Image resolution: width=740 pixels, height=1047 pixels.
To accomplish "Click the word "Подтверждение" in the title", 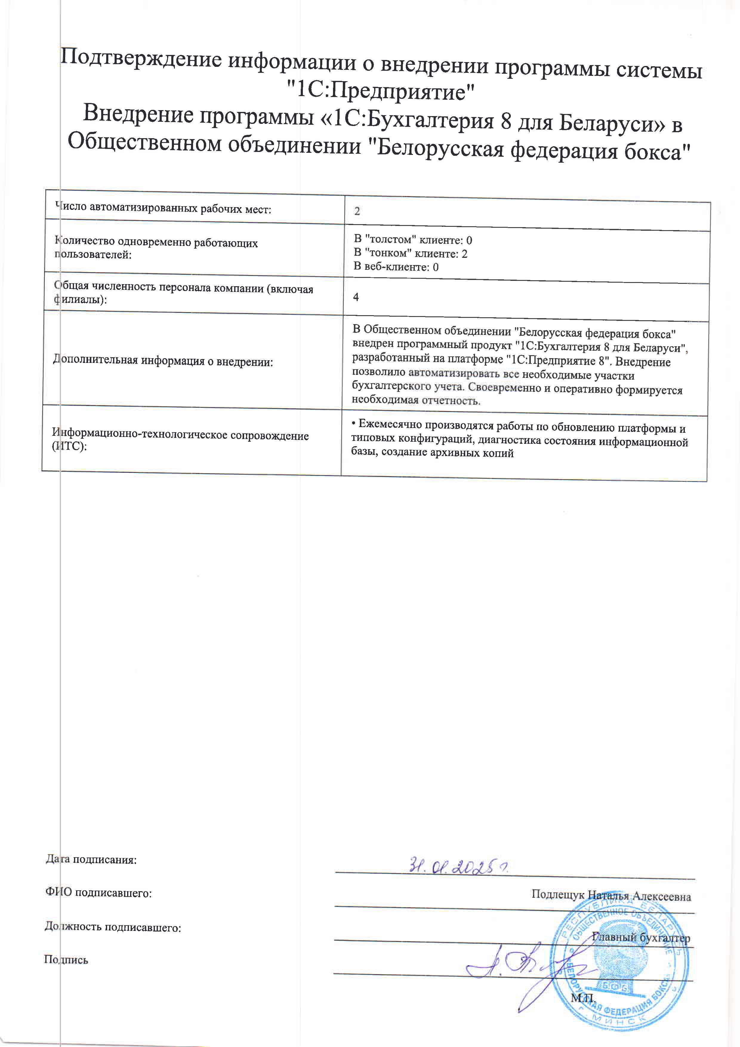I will [141, 60].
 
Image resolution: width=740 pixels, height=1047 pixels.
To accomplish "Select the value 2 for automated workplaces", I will [357, 211].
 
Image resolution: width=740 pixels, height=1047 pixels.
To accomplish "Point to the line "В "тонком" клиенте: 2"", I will [410, 253].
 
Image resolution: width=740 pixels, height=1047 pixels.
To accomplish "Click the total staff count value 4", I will [356, 297].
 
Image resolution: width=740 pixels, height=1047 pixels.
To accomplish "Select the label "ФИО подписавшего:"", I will [98, 893].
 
